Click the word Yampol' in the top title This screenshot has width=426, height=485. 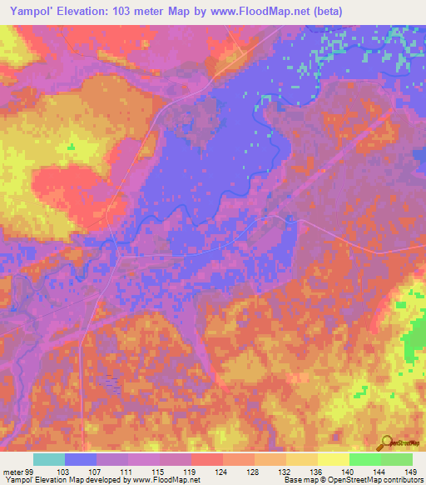pos(27,12)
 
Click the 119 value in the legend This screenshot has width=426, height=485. pos(192,471)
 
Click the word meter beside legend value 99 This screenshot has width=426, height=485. pos(12,471)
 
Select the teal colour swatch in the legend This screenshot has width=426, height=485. pos(49,459)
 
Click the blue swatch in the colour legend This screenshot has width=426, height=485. pos(81,459)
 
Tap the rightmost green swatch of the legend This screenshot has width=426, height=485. pos(397,459)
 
